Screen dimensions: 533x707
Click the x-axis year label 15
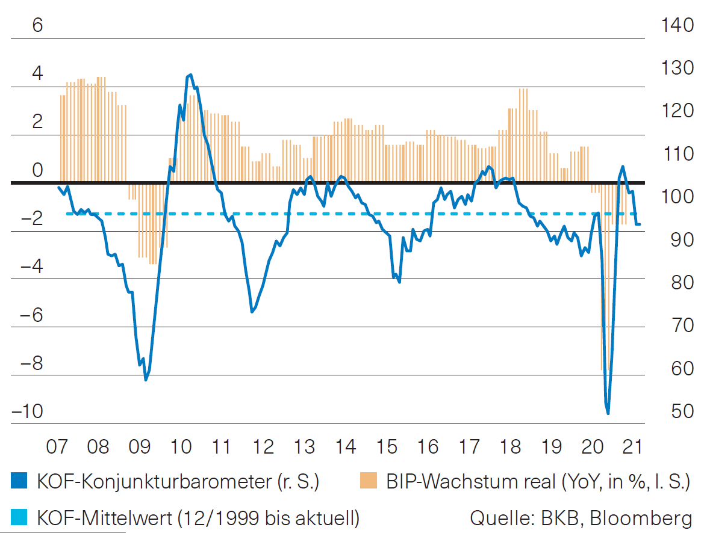pos(387,448)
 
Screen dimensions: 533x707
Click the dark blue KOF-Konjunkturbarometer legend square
pos(19,481)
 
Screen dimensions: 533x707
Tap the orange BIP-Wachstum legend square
pos(368,481)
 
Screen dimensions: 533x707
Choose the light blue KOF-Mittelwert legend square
pos(19,517)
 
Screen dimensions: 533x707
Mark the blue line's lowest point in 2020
pos(608,413)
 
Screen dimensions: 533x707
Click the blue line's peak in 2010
pos(190,75)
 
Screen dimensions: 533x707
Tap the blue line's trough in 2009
pos(146,380)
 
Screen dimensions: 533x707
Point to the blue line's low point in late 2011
pos(252,312)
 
